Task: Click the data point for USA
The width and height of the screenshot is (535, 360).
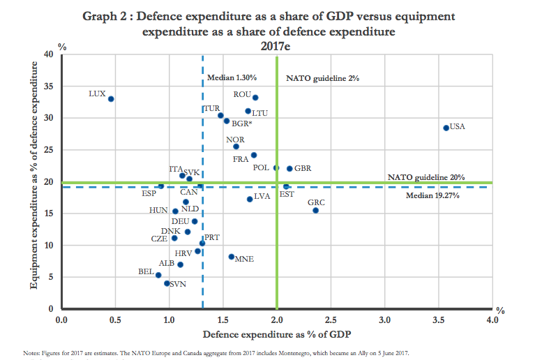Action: pyautogui.click(x=446, y=128)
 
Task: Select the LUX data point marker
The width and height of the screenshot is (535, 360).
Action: pyautogui.click(x=111, y=99)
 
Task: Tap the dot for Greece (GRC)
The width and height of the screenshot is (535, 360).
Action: pyautogui.click(x=315, y=210)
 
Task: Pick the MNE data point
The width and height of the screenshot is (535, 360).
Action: pyautogui.click(x=232, y=257)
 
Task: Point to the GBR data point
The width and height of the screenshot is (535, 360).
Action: pyautogui.click(x=289, y=168)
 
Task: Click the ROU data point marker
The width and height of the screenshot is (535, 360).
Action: pyautogui.click(x=255, y=98)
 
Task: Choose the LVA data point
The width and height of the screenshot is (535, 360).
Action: pyautogui.click(x=250, y=199)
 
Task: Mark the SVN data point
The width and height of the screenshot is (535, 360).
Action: pyautogui.click(x=167, y=283)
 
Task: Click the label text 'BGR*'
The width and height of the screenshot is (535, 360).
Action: pyautogui.click(x=242, y=123)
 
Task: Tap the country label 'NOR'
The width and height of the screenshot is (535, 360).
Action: pyautogui.click(x=235, y=140)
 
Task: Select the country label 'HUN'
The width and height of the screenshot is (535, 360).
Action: pyautogui.click(x=158, y=210)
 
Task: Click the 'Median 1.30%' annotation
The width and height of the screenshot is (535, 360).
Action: pyautogui.click(x=232, y=77)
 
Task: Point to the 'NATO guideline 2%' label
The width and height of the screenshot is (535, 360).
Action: pyautogui.click(x=322, y=79)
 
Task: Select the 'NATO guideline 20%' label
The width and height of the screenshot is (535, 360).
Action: pyautogui.click(x=426, y=177)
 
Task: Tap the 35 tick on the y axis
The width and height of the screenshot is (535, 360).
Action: pyautogui.click(x=49, y=87)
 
